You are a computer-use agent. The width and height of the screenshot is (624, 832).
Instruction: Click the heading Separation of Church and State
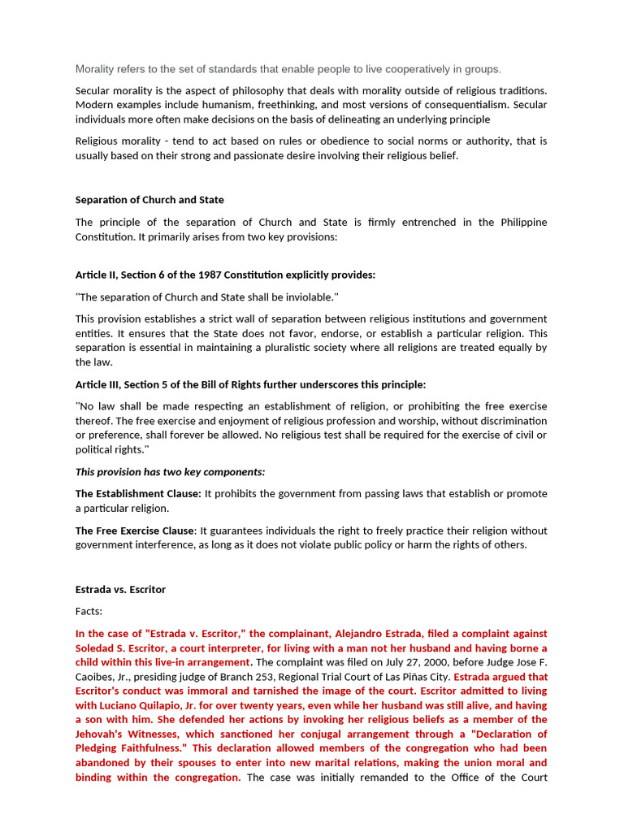(x=149, y=200)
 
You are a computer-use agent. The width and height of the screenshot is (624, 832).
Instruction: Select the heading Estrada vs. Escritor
(x=120, y=589)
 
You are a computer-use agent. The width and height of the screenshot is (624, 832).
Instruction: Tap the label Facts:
(x=89, y=611)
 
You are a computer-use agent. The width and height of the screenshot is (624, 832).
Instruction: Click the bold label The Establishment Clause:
(x=138, y=494)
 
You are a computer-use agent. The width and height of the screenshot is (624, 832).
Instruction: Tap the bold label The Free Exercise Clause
(x=135, y=531)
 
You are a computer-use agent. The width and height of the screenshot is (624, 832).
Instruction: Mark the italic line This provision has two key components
(x=171, y=472)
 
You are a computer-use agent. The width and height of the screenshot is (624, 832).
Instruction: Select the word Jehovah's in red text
(x=102, y=734)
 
